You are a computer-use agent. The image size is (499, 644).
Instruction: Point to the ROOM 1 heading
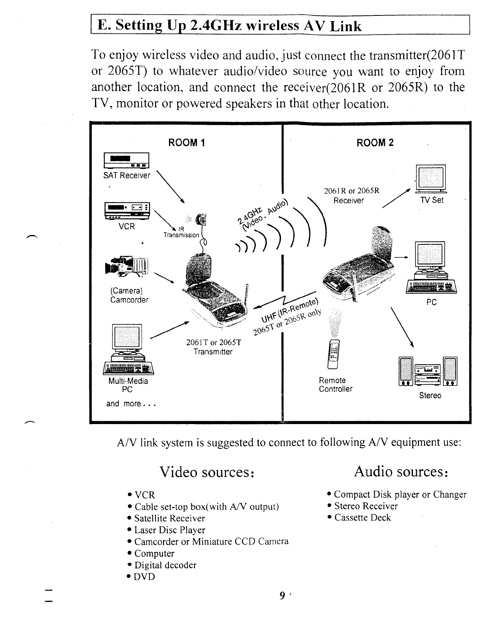click(186, 143)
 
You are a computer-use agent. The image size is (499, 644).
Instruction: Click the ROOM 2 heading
click(375, 143)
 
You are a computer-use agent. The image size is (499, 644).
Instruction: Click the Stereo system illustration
click(429, 371)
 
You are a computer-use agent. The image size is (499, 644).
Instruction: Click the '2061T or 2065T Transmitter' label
click(213, 347)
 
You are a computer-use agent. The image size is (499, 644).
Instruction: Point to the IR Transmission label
click(181, 232)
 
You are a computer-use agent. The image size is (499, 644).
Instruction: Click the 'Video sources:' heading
click(207, 472)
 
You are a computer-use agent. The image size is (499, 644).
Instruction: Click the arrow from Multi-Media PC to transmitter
click(170, 330)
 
